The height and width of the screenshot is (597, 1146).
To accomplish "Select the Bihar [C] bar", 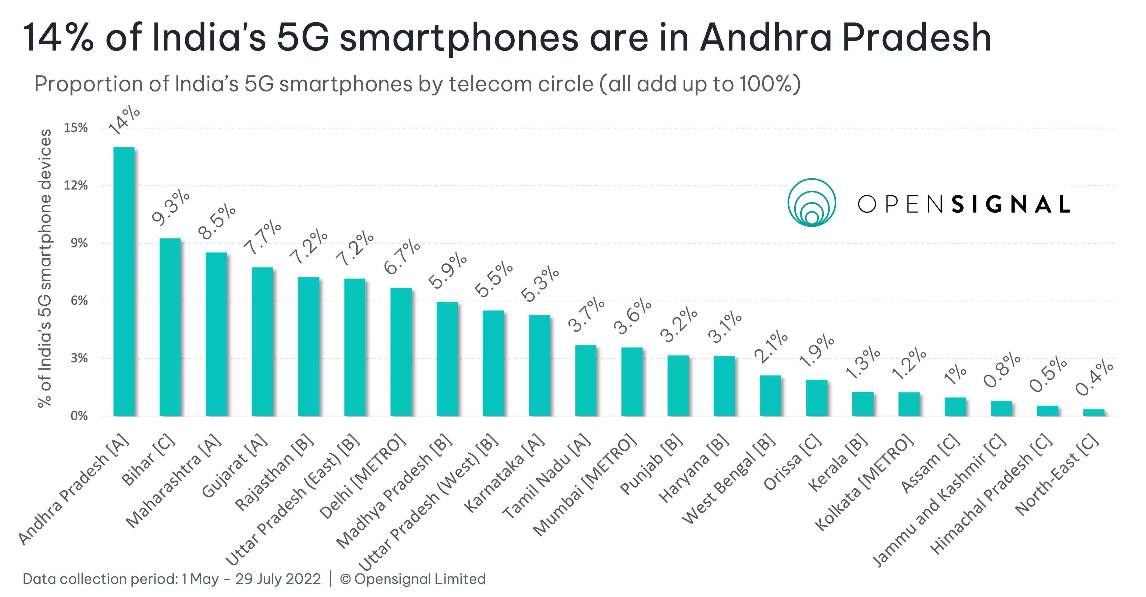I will point(170,327).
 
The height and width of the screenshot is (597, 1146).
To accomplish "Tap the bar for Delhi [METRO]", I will point(401,352).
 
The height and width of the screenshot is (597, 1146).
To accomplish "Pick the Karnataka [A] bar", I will point(539,365).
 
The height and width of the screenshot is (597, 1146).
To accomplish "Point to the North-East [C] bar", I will point(1093,412).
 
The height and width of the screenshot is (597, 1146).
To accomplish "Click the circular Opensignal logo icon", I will point(812,203).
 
